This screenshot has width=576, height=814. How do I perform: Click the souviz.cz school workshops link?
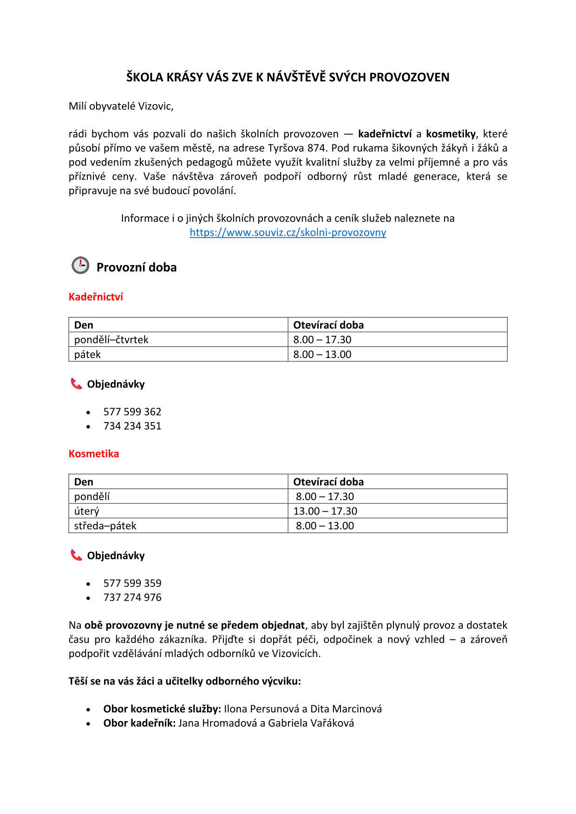click(x=288, y=233)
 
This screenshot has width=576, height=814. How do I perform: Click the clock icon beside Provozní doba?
click(x=80, y=265)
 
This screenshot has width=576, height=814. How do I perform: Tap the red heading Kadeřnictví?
click(x=96, y=297)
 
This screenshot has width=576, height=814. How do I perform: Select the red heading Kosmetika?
click(x=94, y=454)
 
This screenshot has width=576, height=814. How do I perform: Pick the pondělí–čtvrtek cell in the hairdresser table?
click(x=111, y=340)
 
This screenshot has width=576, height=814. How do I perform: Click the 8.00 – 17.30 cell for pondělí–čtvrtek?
click(x=322, y=340)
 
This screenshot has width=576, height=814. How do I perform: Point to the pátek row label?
click(x=87, y=355)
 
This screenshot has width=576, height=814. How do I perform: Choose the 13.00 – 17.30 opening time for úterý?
click(x=325, y=511)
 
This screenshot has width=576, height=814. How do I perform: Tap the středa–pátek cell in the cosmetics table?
click(x=105, y=526)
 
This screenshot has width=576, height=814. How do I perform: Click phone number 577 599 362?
click(x=132, y=412)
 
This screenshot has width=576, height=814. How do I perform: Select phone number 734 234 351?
click(x=132, y=426)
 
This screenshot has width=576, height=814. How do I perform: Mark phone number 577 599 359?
click(x=132, y=584)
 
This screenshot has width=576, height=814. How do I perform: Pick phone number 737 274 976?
click(x=132, y=598)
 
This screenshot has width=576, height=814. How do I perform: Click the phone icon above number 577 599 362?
click(x=76, y=384)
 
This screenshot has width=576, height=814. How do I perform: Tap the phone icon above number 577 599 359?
click(x=76, y=555)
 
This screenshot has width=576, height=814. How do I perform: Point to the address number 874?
click(x=316, y=148)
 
